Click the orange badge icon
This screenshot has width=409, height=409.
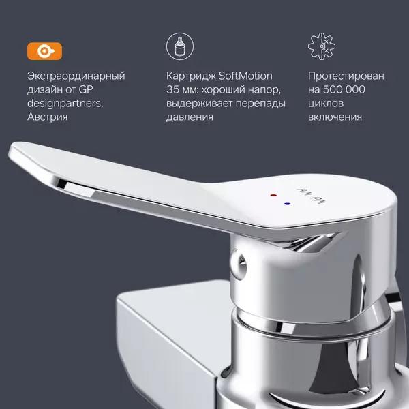[x=44, y=51]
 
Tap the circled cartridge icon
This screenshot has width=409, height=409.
[x=180, y=46]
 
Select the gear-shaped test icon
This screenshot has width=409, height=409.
[x=322, y=46]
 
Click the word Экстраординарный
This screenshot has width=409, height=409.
[x=76, y=76]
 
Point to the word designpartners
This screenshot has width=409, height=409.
[x=65, y=104]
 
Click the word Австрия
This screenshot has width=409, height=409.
[x=47, y=117]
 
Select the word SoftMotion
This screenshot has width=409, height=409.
[x=245, y=76]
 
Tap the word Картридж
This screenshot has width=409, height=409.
[x=191, y=76]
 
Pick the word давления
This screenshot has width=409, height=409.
[x=190, y=117]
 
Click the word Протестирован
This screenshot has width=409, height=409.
[x=346, y=76]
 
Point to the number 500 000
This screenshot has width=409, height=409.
[x=344, y=89]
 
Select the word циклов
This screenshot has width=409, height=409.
[x=326, y=104]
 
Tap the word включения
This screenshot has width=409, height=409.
[x=335, y=117]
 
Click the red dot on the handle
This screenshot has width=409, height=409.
[x=273, y=195]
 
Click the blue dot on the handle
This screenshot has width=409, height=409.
[x=287, y=204]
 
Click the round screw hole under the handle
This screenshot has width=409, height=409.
[x=239, y=264]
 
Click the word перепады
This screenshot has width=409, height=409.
[x=260, y=104]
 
